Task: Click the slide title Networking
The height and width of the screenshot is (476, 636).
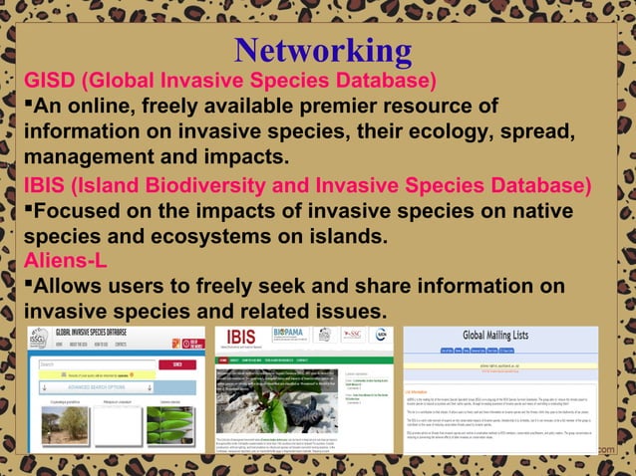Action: click(x=323, y=51)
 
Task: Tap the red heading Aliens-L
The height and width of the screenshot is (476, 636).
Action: click(x=66, y=261)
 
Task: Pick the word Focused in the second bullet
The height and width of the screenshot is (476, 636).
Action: click(x=86, y=213)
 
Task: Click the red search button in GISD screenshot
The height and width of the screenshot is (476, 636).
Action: click(x=178, y=364)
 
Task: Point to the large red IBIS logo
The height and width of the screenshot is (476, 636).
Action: click(x=242, y=336)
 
